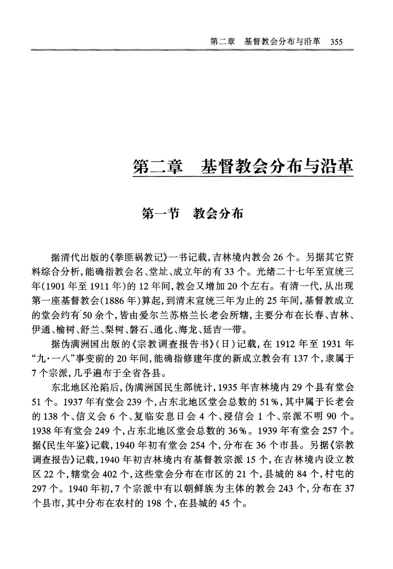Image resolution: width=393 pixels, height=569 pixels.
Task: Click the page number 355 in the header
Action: coord(336,42)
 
